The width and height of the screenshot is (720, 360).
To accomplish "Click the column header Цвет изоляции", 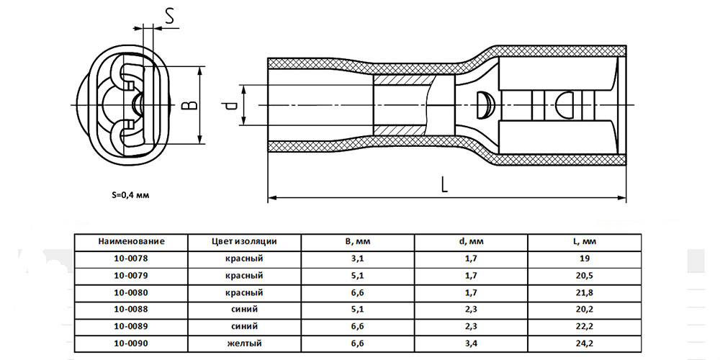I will click(x=245, y=241).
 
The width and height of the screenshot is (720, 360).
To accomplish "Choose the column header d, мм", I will click(x=470, y=241).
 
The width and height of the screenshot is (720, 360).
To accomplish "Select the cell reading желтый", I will click(x=245, y=343).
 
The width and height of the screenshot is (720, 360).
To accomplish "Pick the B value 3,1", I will click(x=357, y=258).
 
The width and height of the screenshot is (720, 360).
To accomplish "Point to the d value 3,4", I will click(x=470, y=343).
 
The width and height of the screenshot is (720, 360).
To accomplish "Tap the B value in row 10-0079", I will click(x=357, y=276).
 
